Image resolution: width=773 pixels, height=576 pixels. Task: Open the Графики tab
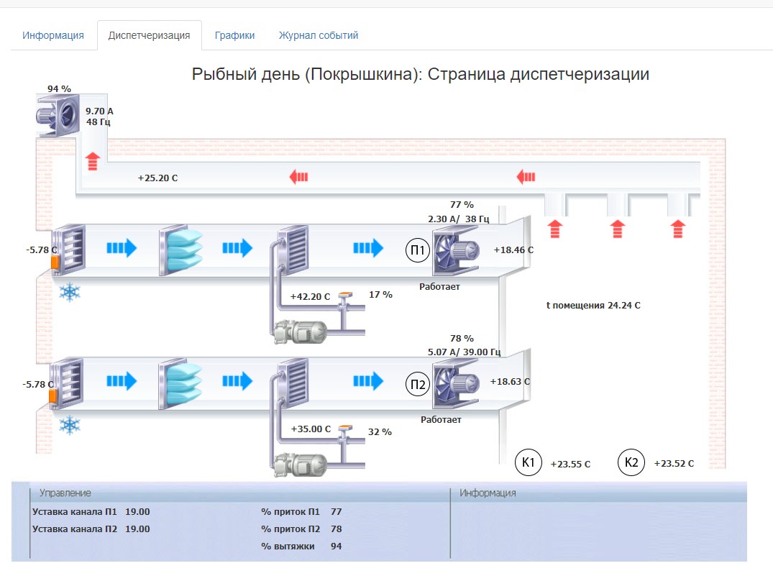click(x=234, y=35)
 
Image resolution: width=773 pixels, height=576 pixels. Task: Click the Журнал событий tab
click(x=319, y=35)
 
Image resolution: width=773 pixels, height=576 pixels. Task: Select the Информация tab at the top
click(x=53, y=35)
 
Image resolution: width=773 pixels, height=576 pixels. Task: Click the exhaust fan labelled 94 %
click(x=58, y=116)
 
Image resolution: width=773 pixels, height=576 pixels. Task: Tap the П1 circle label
click(x=418, y=250)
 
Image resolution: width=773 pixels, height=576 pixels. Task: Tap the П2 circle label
click(x=418, y=384)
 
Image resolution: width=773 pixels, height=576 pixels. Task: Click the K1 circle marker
click(x=528, y=462)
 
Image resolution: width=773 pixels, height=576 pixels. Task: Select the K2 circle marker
click(x=631, y=462)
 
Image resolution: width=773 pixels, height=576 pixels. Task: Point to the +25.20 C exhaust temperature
click(x=157, y=178)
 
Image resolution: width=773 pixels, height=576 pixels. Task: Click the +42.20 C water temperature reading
click(x=310, y=296)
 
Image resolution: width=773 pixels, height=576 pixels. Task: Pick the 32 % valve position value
click(x=380, y=432)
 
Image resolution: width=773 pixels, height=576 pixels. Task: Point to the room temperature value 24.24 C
click(x=624, y=306)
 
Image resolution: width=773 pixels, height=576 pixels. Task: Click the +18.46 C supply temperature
click(x=513, y=250)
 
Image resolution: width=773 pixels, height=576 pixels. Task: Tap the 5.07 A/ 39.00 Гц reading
click(x=464, y=352)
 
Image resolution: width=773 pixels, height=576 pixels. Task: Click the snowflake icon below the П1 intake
click(x=70, y=293)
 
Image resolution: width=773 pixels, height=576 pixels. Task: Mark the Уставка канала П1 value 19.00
click(x=137, y=512)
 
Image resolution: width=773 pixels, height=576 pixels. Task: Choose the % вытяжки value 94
click(x=337, y=547)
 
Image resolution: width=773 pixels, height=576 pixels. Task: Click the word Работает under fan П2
click(x=441, y=420)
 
